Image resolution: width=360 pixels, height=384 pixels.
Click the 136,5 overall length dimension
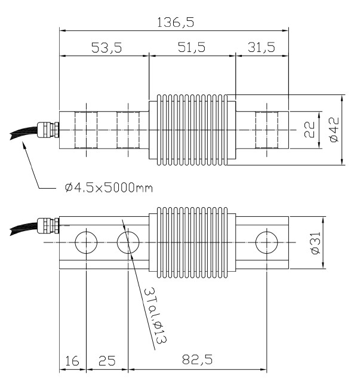[x=174, y=21]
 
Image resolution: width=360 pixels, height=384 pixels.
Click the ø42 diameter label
[x=333, y=129]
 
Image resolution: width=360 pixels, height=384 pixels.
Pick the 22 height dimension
[x=309, y=130]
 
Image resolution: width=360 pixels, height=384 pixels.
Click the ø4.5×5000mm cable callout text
[x=108, y=189]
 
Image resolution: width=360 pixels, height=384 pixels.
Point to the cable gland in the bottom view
[x=46, y=226]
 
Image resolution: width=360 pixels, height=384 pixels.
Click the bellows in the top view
[x=189, y=130]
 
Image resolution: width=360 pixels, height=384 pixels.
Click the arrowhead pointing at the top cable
[x=24, y=149]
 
